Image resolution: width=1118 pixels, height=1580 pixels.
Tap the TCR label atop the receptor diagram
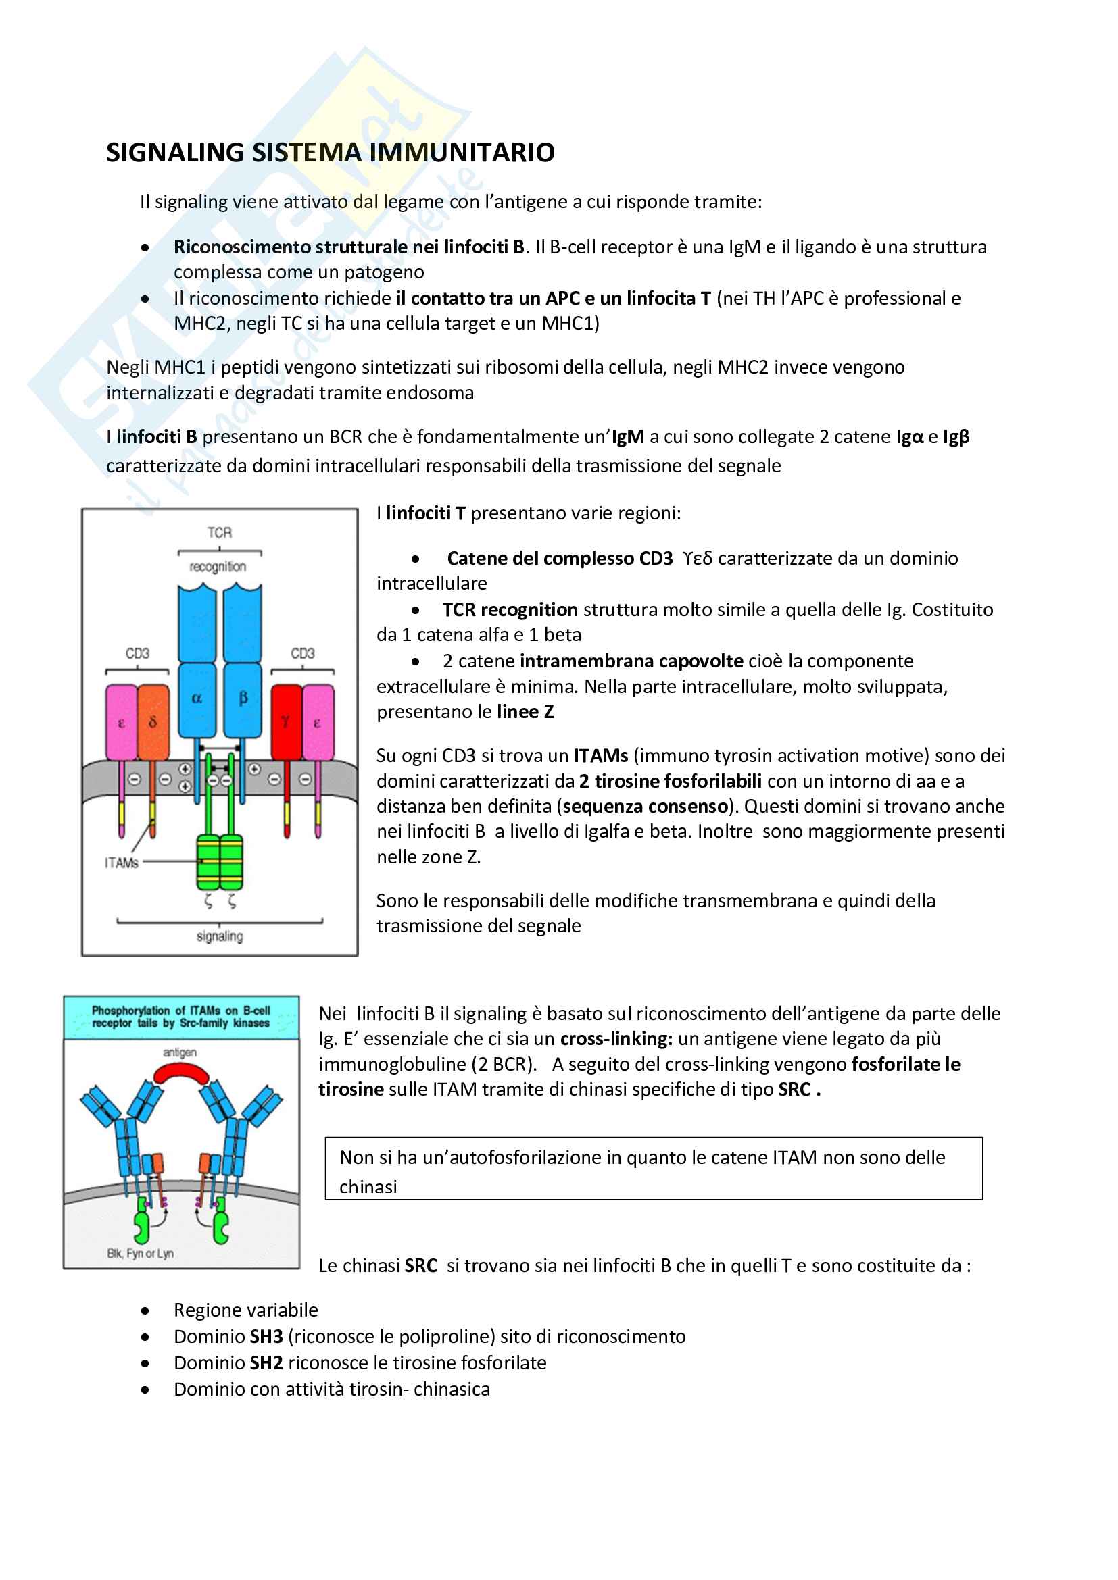point(220,532)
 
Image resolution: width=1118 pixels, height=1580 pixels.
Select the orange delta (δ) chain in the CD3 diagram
point(153,721)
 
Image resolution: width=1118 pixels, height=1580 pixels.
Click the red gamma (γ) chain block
point(286,721)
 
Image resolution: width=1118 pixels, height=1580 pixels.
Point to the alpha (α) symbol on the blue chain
point(197,698)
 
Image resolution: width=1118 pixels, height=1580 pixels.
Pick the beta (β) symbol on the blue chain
point(243,698)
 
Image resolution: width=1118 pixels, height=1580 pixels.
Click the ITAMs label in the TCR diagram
point(121,863)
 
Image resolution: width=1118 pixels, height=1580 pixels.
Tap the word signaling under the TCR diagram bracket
point(220,936)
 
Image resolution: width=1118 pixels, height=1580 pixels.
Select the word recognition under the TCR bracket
point(218,566)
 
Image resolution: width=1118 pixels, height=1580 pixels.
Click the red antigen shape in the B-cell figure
point(181,1073)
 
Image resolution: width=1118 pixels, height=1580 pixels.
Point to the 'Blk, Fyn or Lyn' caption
point(141,1253)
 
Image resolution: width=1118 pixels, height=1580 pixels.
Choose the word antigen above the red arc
point(180,1052)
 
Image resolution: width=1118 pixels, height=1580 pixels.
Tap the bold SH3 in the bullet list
point(266,1336)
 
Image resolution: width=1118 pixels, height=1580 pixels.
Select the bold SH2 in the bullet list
point(266,1362)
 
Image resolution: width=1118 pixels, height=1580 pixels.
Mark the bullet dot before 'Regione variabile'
point(145,1311)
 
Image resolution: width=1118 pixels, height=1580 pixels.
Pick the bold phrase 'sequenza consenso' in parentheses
point(645,806)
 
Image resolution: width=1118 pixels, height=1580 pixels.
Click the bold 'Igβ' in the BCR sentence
point(956,437)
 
